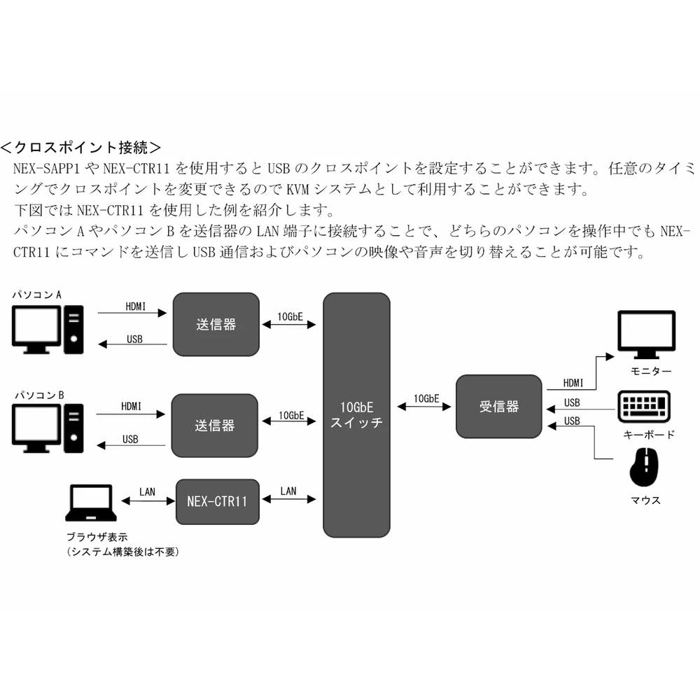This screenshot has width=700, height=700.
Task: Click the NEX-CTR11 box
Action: (216, 501)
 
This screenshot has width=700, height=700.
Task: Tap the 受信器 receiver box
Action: (498, 406)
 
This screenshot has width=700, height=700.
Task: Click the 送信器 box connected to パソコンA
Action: (216, 324)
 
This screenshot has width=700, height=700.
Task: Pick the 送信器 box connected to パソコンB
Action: (214, 425)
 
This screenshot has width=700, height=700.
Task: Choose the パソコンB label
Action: (39, 396)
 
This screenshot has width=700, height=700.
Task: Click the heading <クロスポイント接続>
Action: (81, 148)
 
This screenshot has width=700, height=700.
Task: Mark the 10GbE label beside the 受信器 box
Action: (426, 398)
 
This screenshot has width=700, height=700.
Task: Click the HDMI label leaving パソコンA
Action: (136, 306)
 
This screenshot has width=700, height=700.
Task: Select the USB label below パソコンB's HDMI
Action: (130, 440)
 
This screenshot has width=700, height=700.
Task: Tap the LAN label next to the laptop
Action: (147, 491)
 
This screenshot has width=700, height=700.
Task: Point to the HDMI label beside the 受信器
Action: (573, 383)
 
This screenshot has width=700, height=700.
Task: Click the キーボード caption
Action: (649, 435)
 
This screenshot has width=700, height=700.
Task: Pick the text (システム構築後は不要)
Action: (123, 552)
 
